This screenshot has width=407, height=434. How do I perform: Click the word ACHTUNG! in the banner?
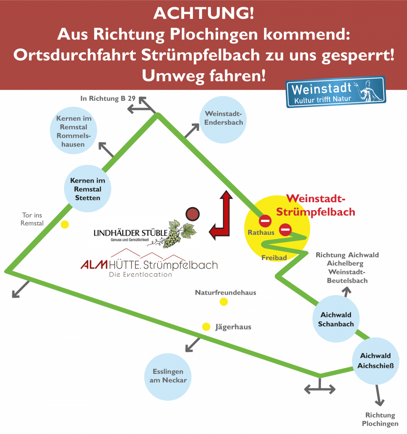(203, 14)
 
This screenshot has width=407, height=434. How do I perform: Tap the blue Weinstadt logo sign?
(335, 92)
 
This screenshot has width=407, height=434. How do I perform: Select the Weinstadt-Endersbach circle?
(224, 118)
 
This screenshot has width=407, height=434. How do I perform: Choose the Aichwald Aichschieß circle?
(375, 360)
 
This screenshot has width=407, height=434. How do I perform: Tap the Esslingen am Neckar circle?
(168, 376)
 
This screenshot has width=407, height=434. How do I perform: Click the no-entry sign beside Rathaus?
(266, 220)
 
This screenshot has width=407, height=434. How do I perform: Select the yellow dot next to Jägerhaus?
(206, 327)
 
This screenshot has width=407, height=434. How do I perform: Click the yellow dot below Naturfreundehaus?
(224, 302)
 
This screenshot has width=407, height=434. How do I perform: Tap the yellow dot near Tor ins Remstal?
(65, 225)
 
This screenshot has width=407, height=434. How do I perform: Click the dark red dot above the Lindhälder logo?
(193, 214)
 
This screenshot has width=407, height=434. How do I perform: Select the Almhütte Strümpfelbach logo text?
(149, 266)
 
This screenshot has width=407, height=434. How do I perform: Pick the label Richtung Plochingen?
(380, 419)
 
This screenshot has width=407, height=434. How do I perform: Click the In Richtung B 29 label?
(108, 98)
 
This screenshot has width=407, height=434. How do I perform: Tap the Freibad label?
(274, 257)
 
